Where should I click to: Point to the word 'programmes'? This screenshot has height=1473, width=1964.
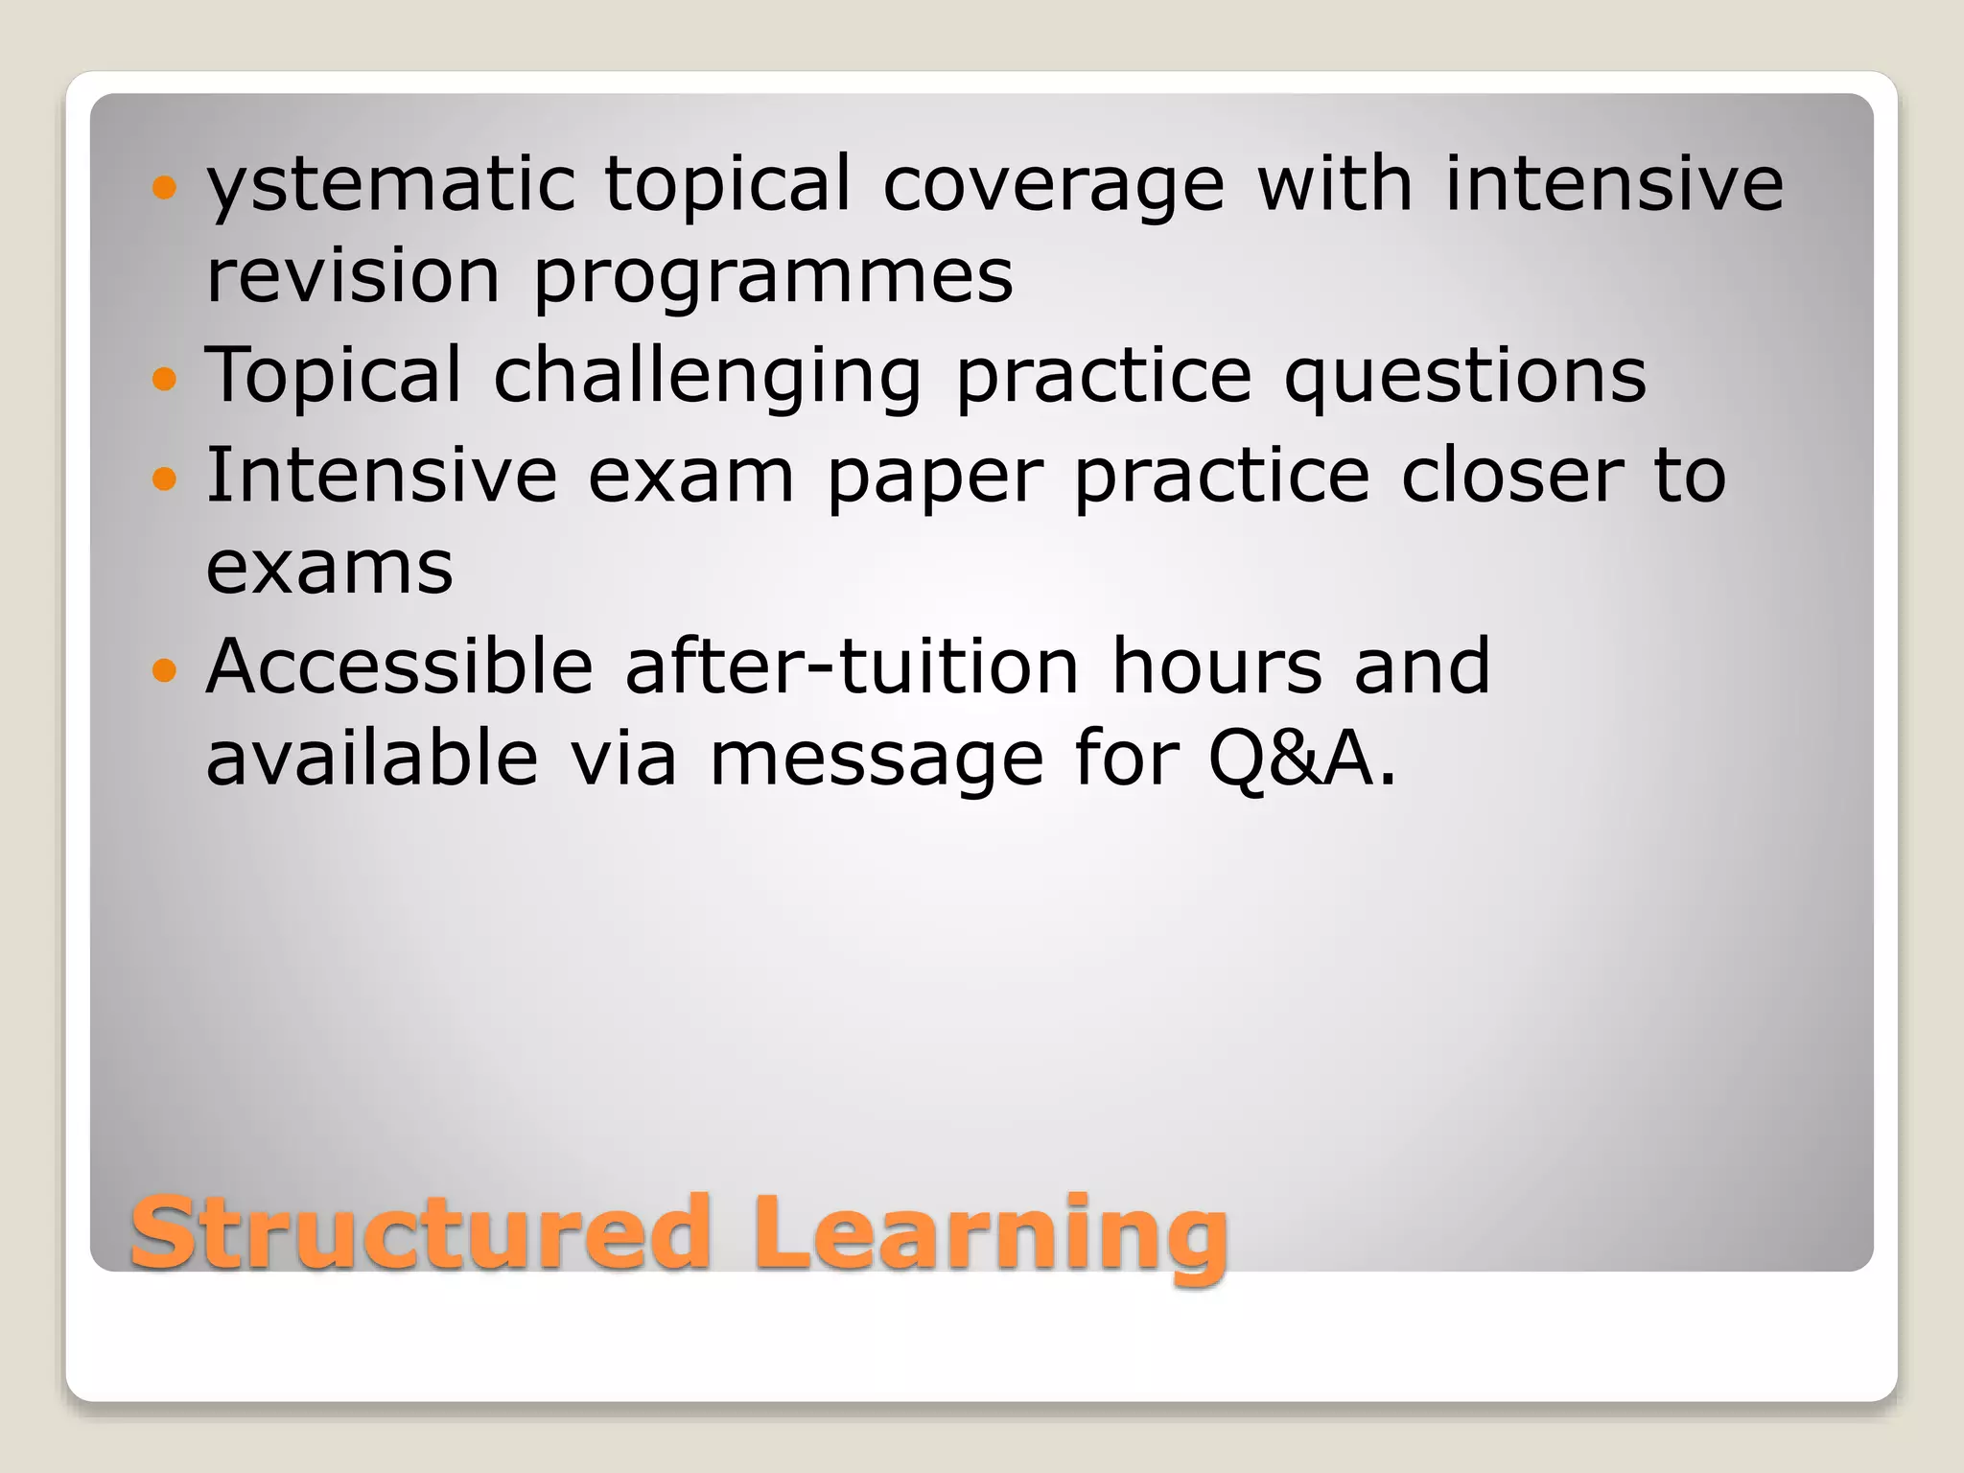[773, 278]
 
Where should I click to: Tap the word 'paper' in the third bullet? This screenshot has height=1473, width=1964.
[934, 478]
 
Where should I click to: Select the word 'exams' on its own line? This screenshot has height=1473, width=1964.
[329, 568]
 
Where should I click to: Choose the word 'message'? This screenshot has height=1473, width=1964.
[875, 760]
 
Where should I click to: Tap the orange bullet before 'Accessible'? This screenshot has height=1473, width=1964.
[165, 669]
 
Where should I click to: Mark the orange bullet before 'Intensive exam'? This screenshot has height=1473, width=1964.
[165, 478]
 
